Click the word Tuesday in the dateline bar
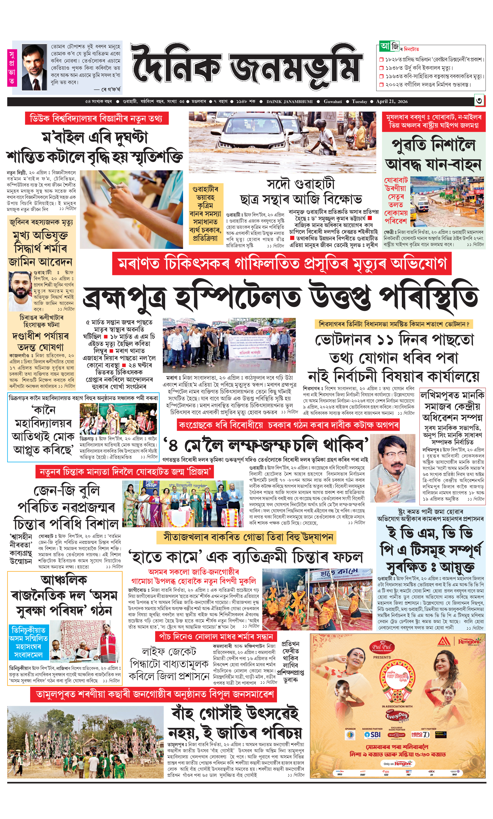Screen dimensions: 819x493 [359, 102]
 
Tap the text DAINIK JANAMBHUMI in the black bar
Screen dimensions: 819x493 [289, 102]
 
